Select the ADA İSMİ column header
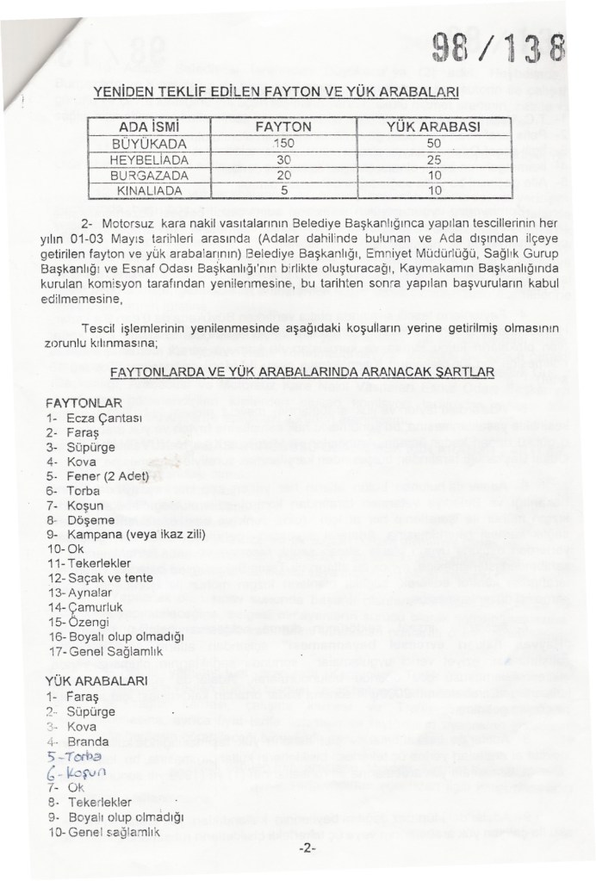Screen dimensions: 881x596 146,126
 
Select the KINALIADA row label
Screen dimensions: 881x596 145,188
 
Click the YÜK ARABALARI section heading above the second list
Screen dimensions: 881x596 97,680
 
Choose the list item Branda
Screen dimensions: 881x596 87,741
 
